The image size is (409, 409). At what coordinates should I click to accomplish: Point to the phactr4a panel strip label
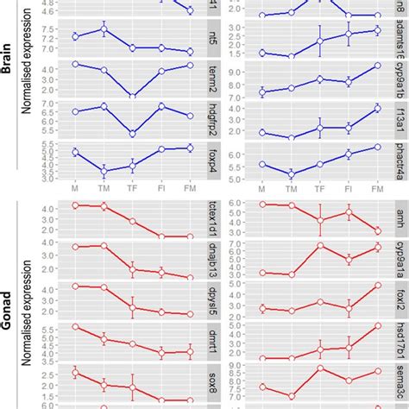pos(401,160)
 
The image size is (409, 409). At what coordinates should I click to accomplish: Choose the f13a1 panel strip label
pos(401,119)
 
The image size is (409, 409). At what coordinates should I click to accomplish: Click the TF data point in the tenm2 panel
pos(132,96)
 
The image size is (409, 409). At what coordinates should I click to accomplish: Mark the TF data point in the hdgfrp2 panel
pos(132,134)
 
